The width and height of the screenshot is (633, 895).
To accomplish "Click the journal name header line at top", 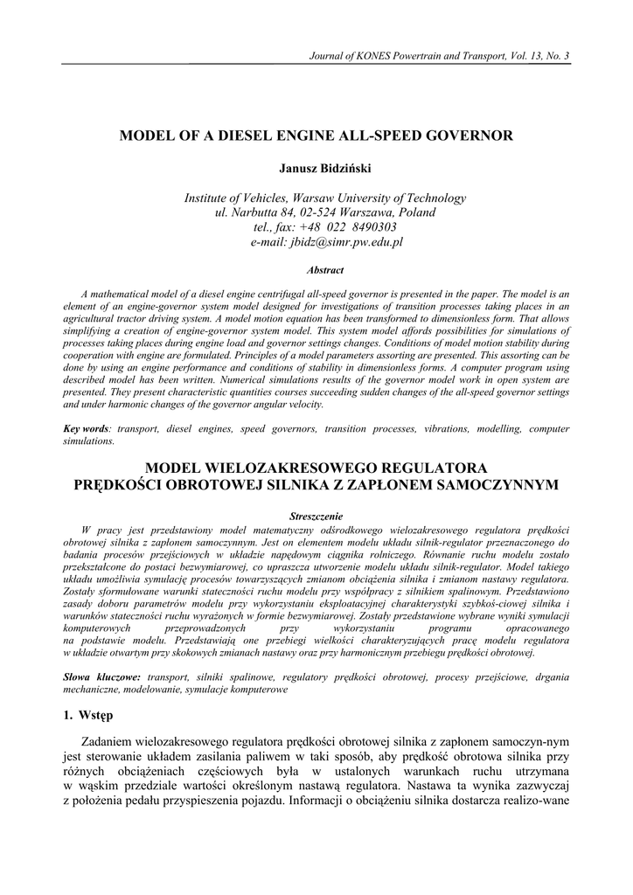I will click(x=440, y=57).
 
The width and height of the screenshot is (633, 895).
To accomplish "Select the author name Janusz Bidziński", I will click(x=316, y=167).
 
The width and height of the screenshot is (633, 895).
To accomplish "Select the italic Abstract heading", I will click(x=316, y=271).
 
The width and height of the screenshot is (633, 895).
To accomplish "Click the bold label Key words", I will click(x=87, y=431).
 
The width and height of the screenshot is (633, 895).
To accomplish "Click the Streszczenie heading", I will click(x=316, y=517).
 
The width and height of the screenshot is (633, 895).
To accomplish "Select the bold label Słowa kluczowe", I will click(x=102, y=677).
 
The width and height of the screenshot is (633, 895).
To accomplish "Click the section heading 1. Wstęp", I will click(x=90, y=717).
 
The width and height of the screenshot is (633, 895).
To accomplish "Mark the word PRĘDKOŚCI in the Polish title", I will click(x=116, y=483).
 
